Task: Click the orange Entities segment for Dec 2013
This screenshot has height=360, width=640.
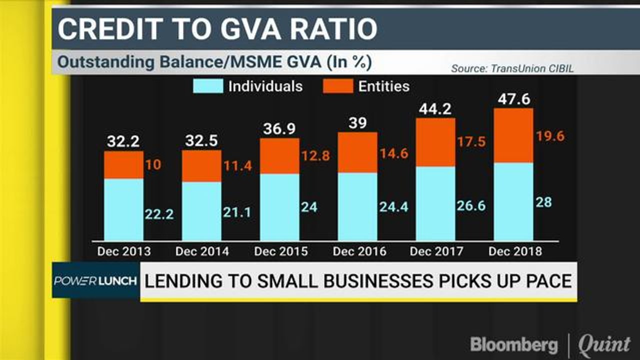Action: click(123, 165)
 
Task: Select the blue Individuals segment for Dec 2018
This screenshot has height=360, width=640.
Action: click(513, 201)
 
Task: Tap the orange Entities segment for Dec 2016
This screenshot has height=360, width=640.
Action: click(357, 152)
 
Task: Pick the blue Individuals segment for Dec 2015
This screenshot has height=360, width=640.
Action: click(279, 207)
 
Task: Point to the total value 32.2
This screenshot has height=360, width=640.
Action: click(123, 142)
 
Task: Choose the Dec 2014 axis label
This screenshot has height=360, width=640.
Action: click(202, 251)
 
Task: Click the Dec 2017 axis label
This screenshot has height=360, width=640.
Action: click(436, 251)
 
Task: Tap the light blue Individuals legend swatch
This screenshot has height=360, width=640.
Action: click(208, 86)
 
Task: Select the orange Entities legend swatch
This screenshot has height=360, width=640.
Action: click(338, 86)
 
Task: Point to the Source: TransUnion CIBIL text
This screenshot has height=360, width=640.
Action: click(512, 68)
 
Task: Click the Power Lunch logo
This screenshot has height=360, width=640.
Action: click(95, 280)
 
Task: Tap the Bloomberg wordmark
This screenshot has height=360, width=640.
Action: click(513, 344)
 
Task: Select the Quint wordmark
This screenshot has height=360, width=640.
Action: click(604, 344)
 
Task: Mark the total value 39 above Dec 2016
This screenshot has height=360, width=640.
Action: click(357, 123)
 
